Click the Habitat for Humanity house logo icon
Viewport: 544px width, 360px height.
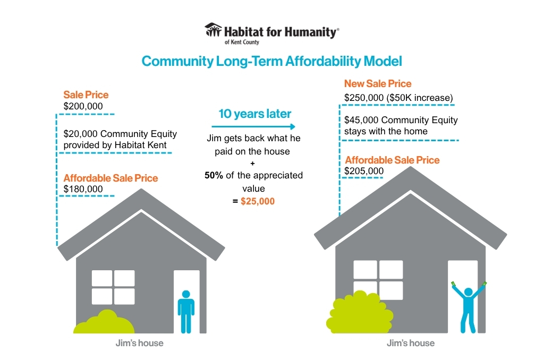coord(213,30)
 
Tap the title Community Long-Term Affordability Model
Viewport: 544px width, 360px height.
coord(271,62)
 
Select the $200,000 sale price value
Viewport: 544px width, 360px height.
coord(83,106)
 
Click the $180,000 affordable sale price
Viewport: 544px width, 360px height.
coord(83,189)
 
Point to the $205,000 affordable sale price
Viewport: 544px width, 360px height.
coord(364,171)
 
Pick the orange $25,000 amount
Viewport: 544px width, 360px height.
coord(258,201)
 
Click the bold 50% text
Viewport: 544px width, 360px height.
coord(214,175)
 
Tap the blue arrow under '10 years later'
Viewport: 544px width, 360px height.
coord(253,126)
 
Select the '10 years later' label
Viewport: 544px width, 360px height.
coord(254,114)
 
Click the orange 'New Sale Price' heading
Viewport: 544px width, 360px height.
coord(378,83)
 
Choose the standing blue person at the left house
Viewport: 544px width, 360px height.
coord(186,312)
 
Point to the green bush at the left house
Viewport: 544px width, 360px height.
coord(104,322)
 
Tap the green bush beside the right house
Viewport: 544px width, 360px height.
coord(360,312)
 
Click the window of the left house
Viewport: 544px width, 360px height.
coord(113,287)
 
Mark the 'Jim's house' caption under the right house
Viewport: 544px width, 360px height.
coord(411,343)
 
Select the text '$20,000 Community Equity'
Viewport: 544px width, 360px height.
coord(120,134)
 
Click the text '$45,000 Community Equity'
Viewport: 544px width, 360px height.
coord(401,120)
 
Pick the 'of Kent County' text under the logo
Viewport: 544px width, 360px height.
coord(242,42)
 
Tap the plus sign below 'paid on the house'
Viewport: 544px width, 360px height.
coord(252,164)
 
